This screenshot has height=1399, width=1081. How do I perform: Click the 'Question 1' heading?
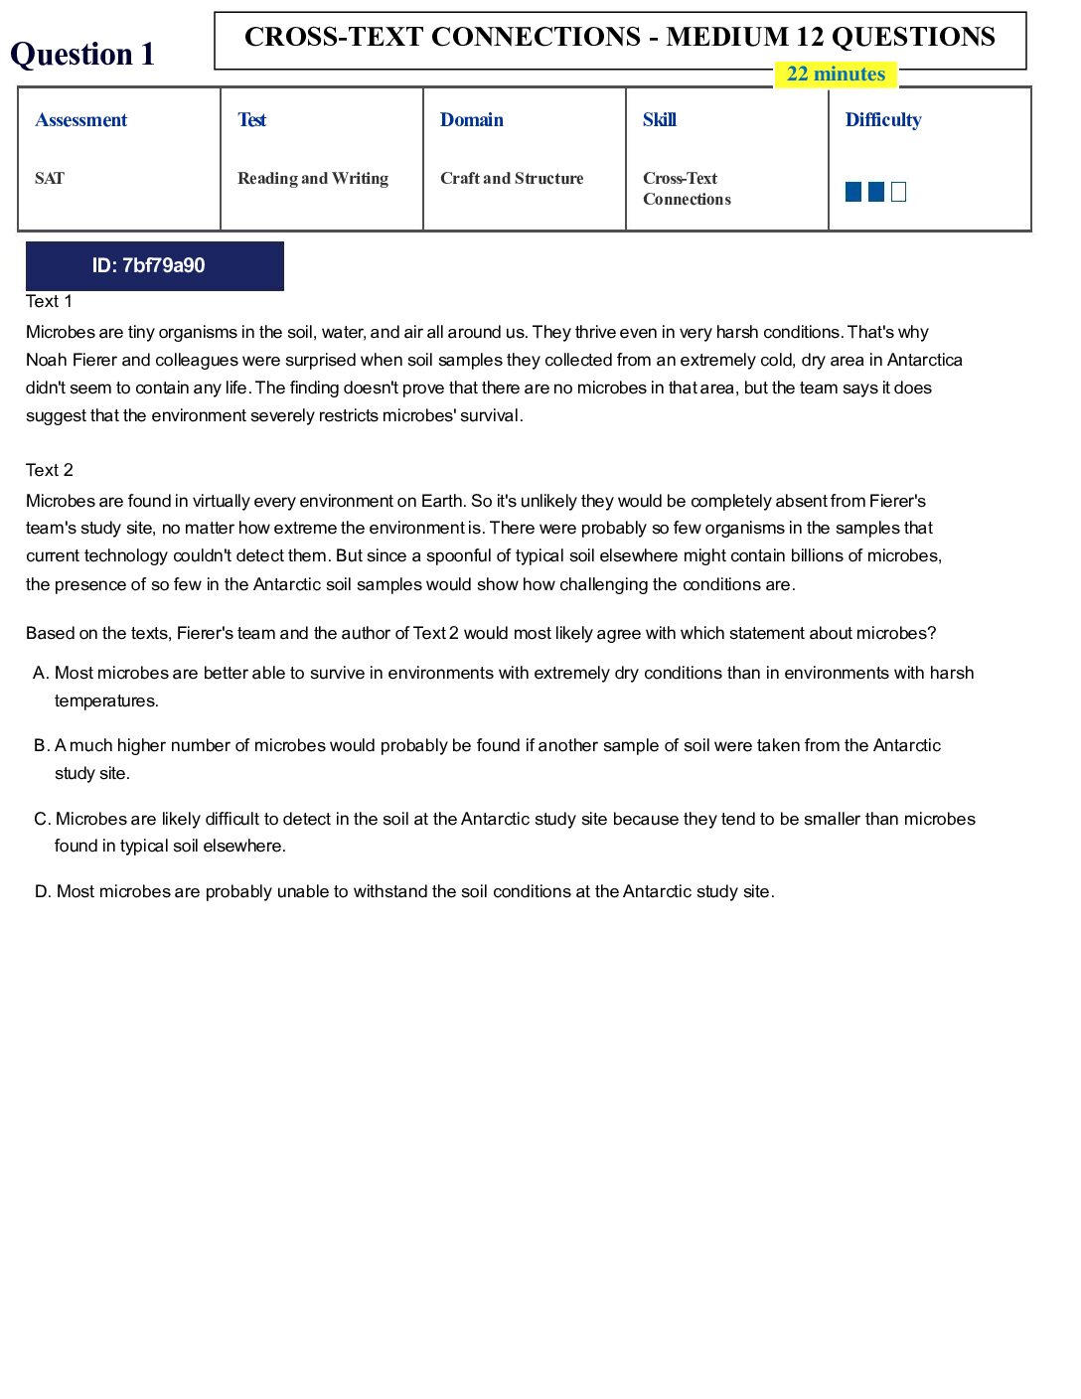(82, 54)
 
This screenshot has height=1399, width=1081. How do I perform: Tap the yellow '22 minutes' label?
(836, 75)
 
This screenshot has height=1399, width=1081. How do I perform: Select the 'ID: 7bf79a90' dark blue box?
(154, 265)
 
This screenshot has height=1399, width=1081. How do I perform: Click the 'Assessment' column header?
(81, 120)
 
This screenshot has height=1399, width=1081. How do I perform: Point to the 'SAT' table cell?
(50, 179)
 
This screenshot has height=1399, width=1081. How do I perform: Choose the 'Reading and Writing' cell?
(313, 179)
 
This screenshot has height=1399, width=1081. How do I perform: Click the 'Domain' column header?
(472, 120)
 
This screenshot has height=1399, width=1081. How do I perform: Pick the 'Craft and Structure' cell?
(512, 179)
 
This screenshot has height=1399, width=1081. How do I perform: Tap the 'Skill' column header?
(660, 120)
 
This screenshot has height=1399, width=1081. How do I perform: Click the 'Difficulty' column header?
(883, 120)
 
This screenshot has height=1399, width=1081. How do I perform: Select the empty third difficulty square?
(899, 192)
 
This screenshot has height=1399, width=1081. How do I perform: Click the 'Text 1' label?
(49, 302)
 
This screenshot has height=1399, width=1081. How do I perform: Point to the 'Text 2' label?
(50, 470)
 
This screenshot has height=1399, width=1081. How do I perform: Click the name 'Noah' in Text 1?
(46, 360)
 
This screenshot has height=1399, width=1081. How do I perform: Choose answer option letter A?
(41, 674)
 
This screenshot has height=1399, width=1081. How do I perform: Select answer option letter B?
(41, 746)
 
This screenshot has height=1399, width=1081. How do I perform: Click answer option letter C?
(42, 820)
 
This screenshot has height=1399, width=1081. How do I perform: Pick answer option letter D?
(42, 892)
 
